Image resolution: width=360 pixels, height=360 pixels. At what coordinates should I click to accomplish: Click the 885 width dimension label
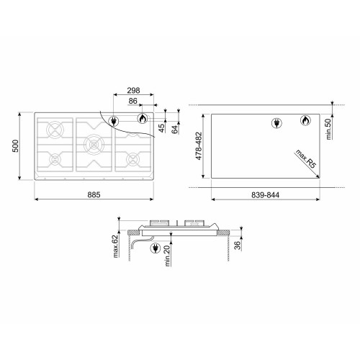click(x=94, y=194)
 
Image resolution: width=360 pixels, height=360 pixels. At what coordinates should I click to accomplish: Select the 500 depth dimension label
click(x=15, y=145)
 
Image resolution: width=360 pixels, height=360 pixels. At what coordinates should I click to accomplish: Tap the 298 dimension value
click(x=133, y=91)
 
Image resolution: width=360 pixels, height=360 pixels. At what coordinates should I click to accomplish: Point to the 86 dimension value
click(x=132, y=101)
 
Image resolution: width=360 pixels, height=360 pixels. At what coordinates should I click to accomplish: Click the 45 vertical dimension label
click(x=162, y=128)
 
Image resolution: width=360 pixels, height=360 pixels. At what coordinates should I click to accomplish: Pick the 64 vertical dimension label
click(x=175, y=130)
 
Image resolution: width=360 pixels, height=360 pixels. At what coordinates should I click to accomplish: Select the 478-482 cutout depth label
click(x=199, y=146)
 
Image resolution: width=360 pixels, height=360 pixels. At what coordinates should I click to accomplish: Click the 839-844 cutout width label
click(x=265, y=195)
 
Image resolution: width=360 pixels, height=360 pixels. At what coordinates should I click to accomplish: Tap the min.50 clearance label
click(x=328, y=130)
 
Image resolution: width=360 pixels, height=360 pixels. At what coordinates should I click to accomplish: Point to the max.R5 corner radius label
click(x=306, y=158)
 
